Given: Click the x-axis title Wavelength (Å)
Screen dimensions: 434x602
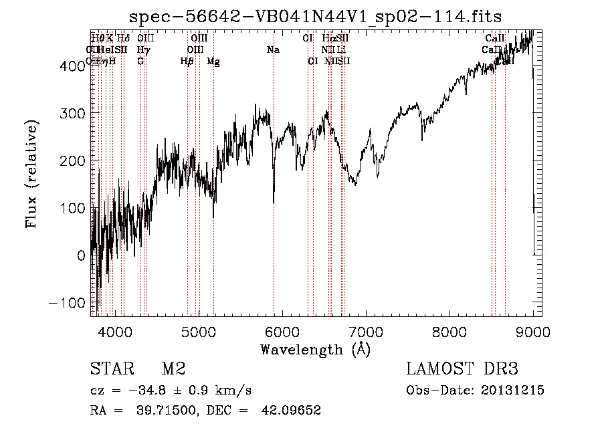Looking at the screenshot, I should (x=315, y=349).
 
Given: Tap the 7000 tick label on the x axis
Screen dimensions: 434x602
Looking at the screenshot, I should (x=366, y=331).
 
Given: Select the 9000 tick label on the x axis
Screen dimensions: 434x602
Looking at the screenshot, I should (x=533, y=331).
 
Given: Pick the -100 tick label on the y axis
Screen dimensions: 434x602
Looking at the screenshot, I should (x=68, y=302).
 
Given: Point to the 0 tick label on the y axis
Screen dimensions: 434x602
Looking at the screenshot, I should (x=81, y=255).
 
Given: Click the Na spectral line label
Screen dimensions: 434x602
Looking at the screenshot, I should (x=273, y=50).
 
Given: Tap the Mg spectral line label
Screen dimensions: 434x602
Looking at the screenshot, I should (x=213, y=62).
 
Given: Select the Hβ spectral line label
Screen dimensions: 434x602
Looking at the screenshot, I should (x=187, y=62).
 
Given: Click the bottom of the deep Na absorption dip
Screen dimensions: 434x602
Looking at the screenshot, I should (x=274, y=203).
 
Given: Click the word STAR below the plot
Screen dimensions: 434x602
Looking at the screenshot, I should (x=109, y=369).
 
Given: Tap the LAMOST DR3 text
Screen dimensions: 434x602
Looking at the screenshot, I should (x=462, y=369).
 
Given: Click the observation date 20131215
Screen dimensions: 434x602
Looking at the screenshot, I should (x=512, y=391).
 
